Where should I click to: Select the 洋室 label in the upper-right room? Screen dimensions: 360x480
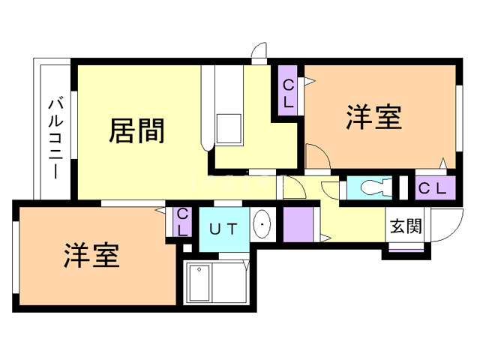coord(373,117)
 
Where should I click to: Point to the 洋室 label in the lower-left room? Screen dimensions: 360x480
coord(91,256)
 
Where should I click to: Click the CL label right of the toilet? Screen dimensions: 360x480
coord(431,188)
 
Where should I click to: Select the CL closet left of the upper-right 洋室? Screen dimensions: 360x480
coord(289,93)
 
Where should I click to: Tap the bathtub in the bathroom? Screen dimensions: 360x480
coord(199,283)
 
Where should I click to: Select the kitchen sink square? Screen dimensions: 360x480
coord(229,128)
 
